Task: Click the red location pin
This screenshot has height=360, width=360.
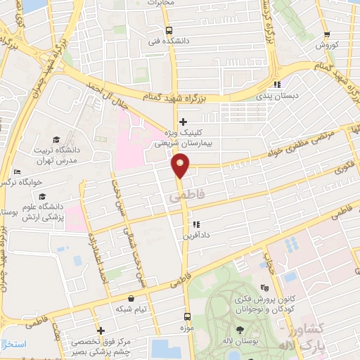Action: pyautogui.click(x=181, y=166)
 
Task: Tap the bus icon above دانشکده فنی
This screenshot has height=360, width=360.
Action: pyautogui.click(x=168, y=30)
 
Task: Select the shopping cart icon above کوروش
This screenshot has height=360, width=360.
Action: pyautogui.click(x=326, y=34)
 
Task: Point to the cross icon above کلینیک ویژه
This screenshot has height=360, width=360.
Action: pyautogui.click(x=183, y=122)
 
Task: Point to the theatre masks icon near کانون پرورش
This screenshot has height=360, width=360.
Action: pyautogui.click(x=264, y=288)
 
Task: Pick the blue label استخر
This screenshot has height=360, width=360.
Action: pyautogui.click(x=14, y=344)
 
